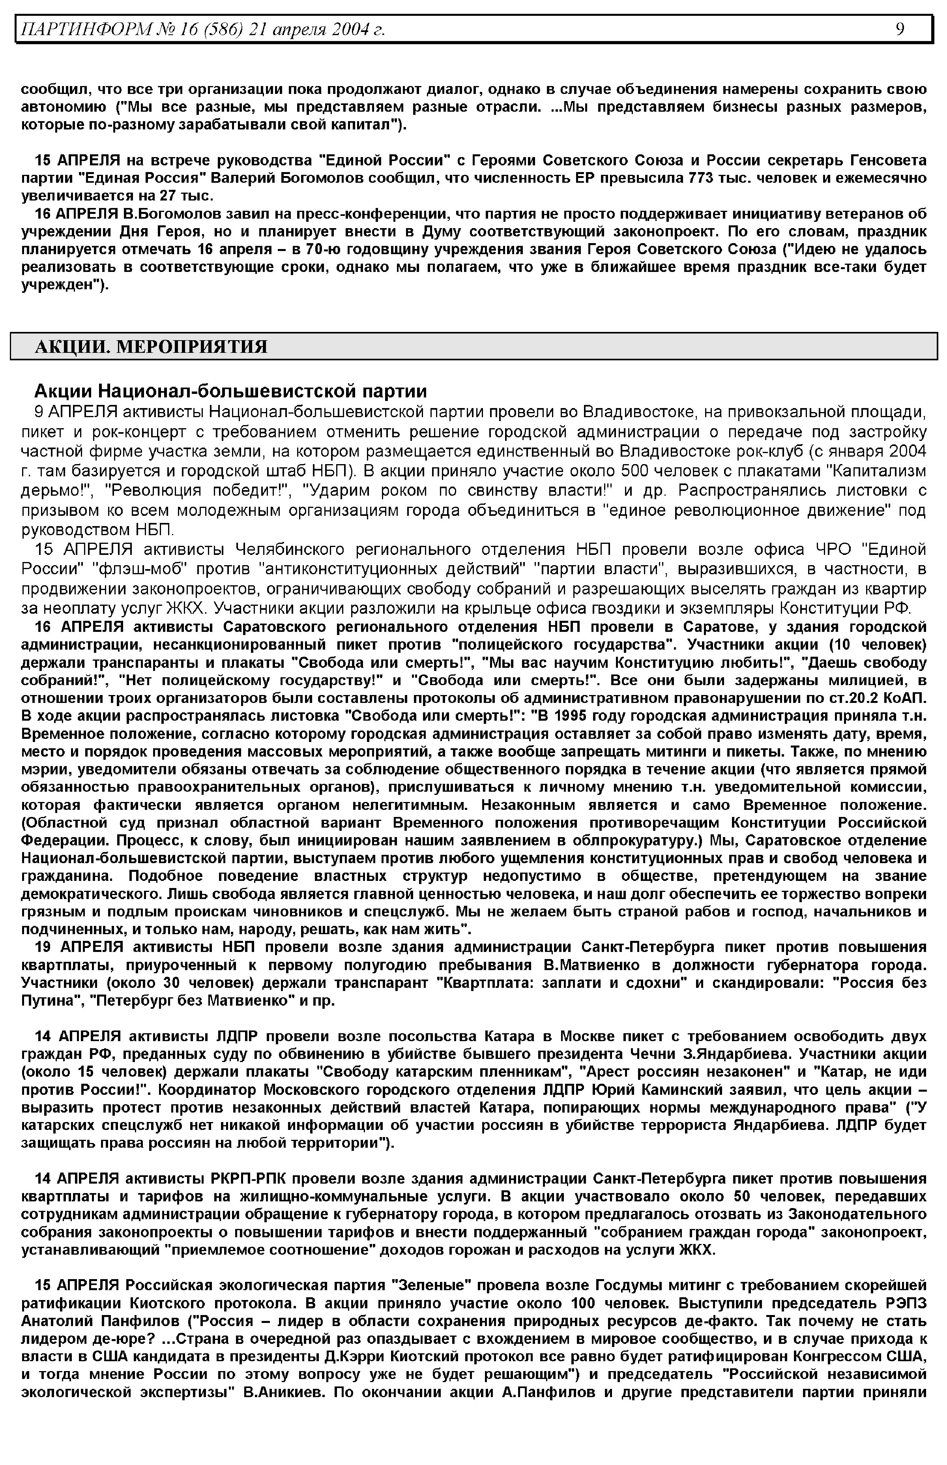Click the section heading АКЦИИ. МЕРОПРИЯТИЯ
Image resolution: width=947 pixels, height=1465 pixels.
tap(151, 347)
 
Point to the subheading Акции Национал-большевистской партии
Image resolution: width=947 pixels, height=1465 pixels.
tap(230, 391)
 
